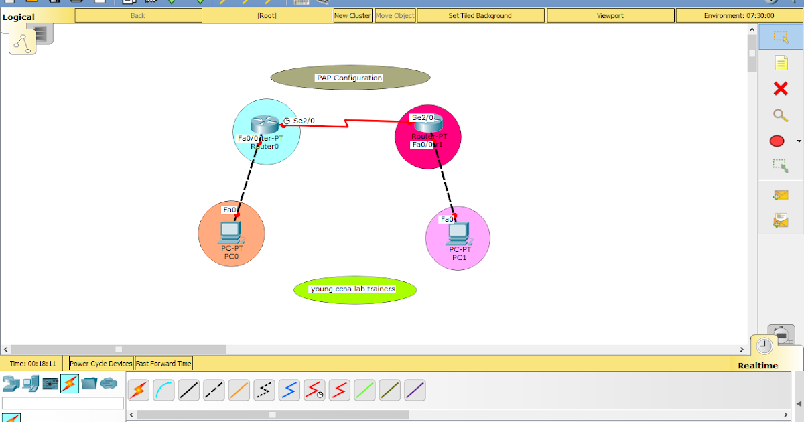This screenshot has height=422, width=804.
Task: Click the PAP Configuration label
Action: [x=349, y=78]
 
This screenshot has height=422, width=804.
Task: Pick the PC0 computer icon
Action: [x=230, y=232]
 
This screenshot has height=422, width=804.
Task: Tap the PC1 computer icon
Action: [x=458, y=232]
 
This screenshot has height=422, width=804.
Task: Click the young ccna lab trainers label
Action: [x=353, y=289]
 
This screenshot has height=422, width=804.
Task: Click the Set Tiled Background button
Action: [x=480, y=15]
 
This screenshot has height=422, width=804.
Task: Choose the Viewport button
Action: [x=610, y=15]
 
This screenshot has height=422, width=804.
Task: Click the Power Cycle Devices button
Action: [x=101, y=364]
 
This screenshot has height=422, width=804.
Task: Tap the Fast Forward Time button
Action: [x=163, y=364]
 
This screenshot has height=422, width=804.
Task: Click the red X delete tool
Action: [x=781, y=88]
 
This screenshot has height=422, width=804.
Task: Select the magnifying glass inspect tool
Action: [x=781, y=115]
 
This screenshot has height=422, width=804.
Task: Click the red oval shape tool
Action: [x=777, y=141]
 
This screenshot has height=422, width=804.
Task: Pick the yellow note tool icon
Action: [x=781, y=63]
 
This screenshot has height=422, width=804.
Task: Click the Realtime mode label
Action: [x=758, y=366]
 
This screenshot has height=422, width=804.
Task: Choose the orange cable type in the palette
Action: [x=239, y=390]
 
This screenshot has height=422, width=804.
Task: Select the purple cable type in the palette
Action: [x=415, y=390]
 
